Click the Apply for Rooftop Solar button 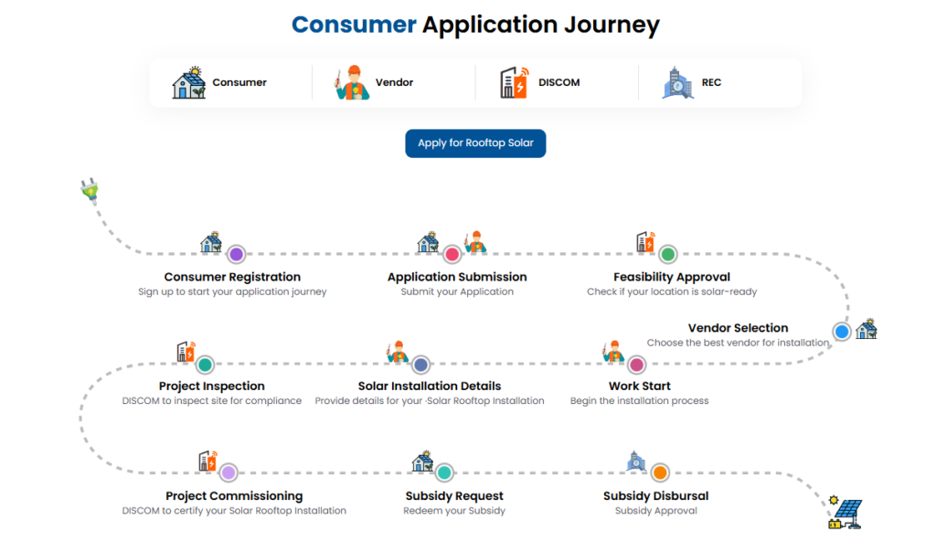(x=475, y=143)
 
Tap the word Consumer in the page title (x=354, y=25)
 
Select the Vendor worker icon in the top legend (x=352, y=82)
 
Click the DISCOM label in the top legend (x=558, y=82)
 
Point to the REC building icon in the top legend (x=677, y=82)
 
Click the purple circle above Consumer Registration (x=237, y=254)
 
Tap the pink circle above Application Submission (x=452, y=254)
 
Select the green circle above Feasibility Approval (x=668, y=254)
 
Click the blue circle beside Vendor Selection (x=842, y=332)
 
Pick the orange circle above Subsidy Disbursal (x=660, y=472)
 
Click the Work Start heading (x=639, y=387)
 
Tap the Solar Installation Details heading (x=430, y=387)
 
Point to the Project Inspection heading (x=211, y=387)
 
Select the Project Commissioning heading (x=234, y=496)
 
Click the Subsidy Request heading (x=454, y=496)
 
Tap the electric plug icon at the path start (x=90, y=190)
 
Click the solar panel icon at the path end (x=846, y=513)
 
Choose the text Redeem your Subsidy (x=454, y=511)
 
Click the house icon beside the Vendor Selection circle (x=867, y=329)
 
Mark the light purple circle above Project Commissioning (x=228, y=472)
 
